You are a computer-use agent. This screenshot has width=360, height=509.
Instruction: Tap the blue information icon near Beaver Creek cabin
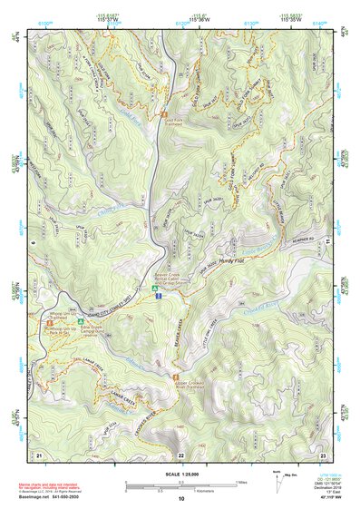click(159, 295)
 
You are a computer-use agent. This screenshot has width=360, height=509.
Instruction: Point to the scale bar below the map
click(180, 484)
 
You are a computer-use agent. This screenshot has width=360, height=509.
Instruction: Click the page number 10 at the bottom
click(180, 499)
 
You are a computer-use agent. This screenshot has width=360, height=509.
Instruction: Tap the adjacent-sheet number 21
click(39, 454)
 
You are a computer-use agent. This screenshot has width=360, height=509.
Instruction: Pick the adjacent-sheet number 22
click(180, 454)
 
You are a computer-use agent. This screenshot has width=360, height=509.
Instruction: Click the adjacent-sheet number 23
click(322, 454)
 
